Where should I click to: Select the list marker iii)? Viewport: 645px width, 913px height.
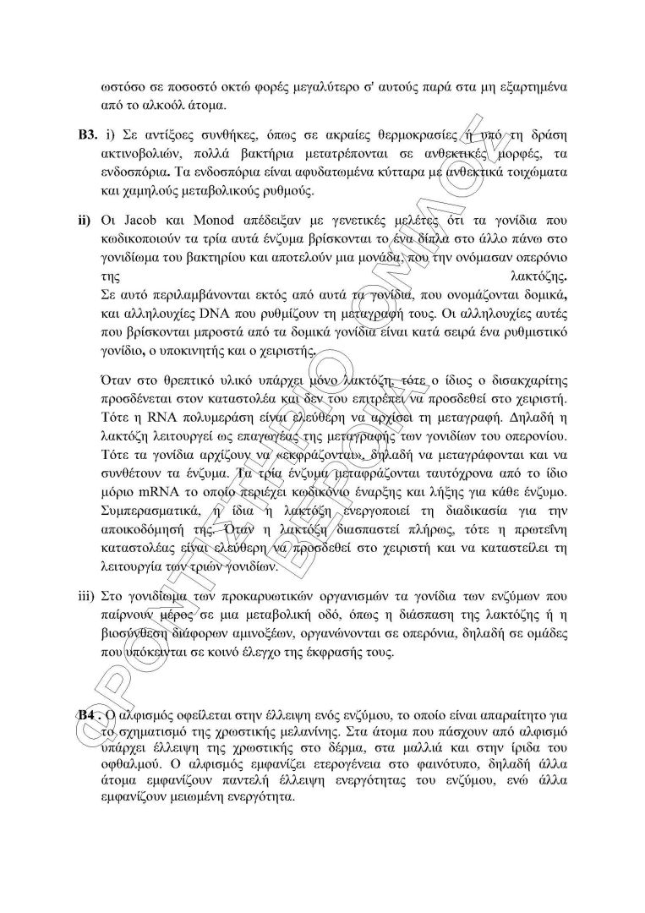coord(86,595)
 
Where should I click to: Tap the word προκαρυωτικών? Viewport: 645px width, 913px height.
coord(251,595)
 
